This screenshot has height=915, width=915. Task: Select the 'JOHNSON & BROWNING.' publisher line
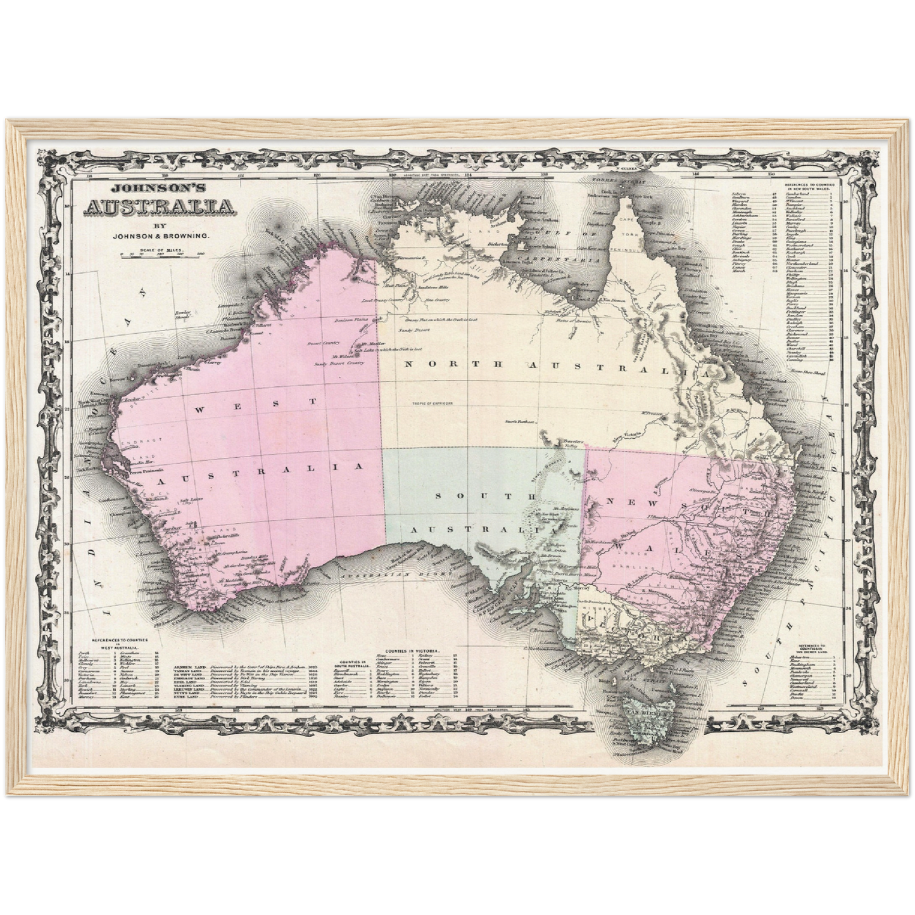[161, 236]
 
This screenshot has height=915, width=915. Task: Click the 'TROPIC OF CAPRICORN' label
[429, 403]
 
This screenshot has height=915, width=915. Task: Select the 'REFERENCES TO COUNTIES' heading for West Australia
[120, 640]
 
